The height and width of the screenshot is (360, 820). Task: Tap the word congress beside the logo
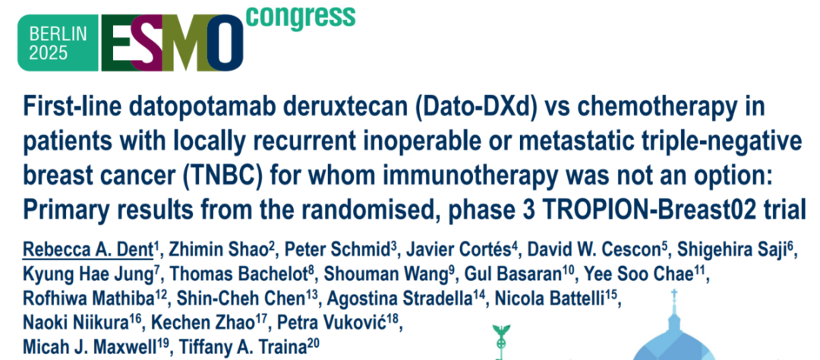(300, 16)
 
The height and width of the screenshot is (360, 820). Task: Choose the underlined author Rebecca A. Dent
(87, 251)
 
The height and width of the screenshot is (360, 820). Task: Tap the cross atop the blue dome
(675, 295)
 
